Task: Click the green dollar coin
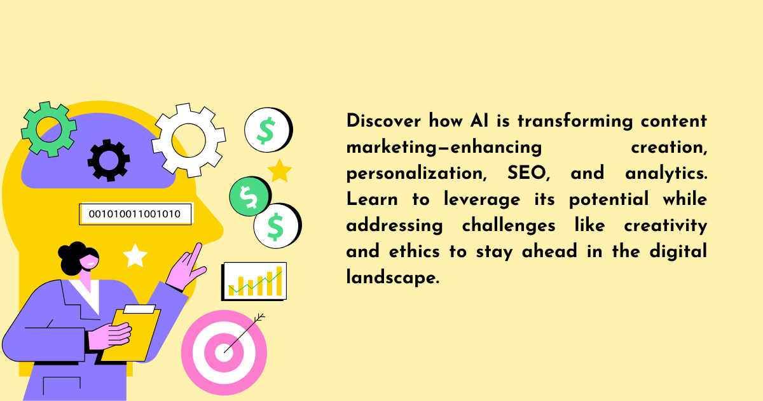pos(250,196)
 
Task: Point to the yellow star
pos(280,171)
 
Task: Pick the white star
pos(135,256)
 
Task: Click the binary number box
pos(135,214)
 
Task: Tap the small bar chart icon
pos(254,281)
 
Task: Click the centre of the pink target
pos(224,353)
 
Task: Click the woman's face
pos(90,260)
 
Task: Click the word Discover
pos(383,121)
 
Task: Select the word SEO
pos(528,173)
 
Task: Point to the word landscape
pos(392,277)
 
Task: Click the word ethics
pos(415,251)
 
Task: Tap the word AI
pos(479,121)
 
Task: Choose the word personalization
pos(416,173)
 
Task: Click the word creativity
pos(666,225)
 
